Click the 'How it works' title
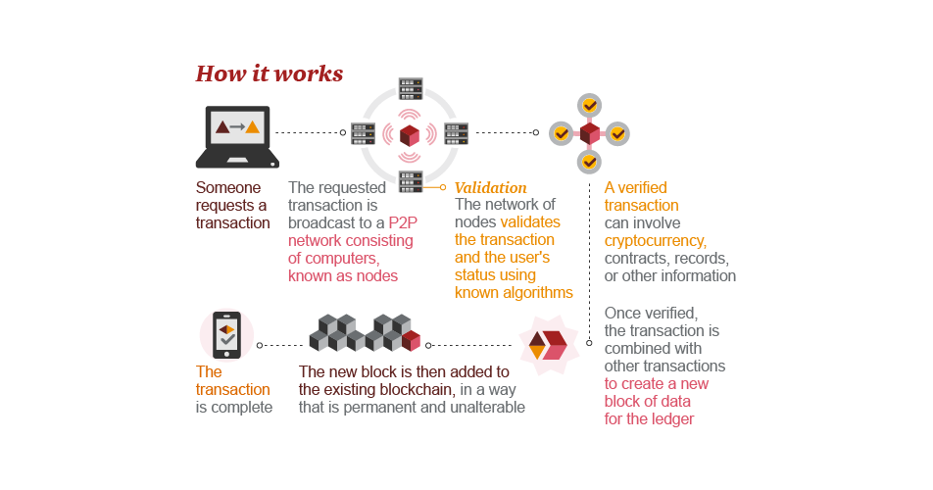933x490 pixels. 269,73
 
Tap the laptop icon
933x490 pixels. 237,137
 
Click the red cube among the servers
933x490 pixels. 410,135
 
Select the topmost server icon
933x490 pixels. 411,88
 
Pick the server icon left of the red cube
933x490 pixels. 363,134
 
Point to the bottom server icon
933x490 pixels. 411,182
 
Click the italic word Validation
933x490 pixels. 490,188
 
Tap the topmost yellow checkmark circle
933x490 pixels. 589,106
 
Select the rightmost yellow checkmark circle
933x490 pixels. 617,134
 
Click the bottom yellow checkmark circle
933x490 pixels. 589,162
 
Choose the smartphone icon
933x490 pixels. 226,335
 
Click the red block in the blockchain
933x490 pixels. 412,341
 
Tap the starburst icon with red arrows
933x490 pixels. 549,346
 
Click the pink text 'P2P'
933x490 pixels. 403,223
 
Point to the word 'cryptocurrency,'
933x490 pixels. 655,241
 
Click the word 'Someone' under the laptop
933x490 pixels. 228,188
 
